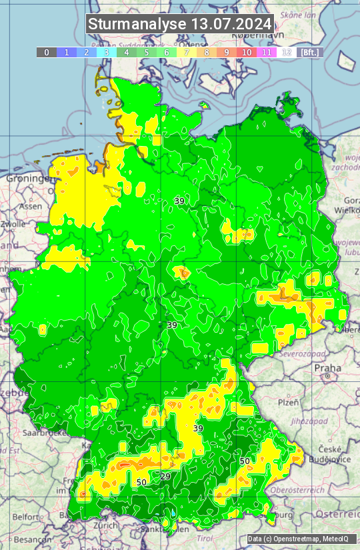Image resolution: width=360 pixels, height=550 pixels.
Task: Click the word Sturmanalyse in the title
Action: pyautogui.click(x=137, y=25)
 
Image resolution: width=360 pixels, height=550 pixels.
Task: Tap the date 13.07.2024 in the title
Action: pyautogui.click(x=231, y=25)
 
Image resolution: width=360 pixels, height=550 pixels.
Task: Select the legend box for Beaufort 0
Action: pyautogui.click(x=47, y=52)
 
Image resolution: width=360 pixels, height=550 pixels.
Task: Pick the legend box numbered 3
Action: pyautogui.click(x=107, y=52)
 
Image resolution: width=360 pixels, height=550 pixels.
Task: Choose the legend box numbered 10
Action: pyautogui.click(x=247, y=52)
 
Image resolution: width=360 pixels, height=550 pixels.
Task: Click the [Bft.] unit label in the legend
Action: pyautogui.click(x=309, y=52)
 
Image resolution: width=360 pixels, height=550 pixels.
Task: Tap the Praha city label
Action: pyautogui.click(x=327, y=367)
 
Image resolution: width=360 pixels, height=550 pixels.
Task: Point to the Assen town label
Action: pyautogui.click(x=30, y=207)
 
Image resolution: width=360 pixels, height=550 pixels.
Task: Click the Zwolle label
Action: pyautogui.click(x=13, y=224)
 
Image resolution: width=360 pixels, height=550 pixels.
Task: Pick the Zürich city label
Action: pyautogui.click(x=107, y=525)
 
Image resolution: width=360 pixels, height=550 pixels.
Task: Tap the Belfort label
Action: pyautogui.click(x=26, y=516)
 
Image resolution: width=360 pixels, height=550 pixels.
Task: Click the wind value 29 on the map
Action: pyautogui.click(x=165, y=476)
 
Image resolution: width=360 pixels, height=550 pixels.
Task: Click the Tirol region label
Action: pyautogui.click(x=204, y=537)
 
